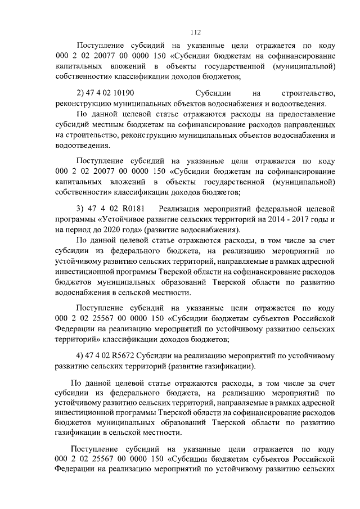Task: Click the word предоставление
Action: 306,115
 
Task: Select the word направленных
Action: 310,125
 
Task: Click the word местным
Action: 111,125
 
